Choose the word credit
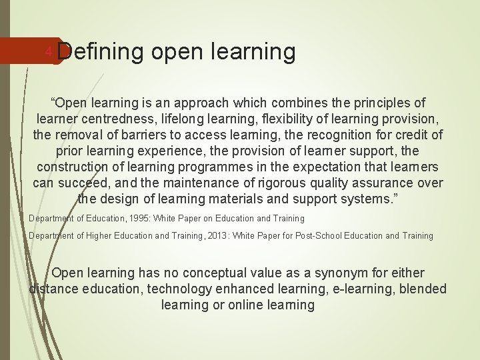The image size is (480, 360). coord(412,135)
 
